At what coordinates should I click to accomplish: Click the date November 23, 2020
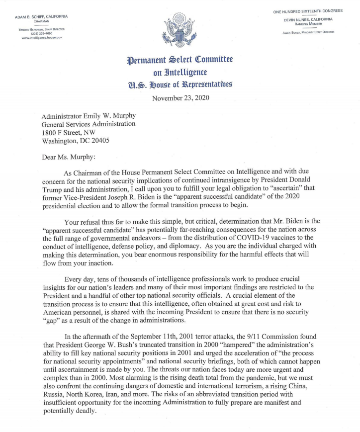[180, 98]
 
